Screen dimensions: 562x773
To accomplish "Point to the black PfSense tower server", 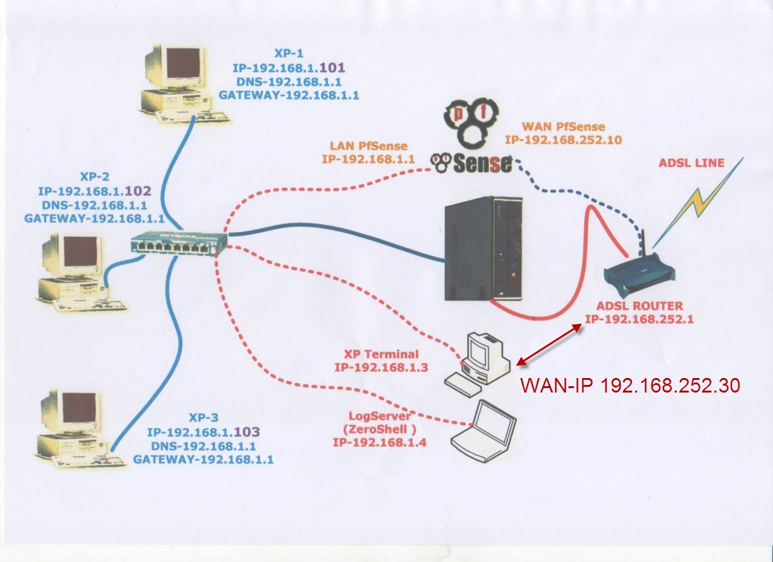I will tap(483, 248).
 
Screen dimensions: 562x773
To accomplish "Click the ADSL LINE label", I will tap(691, 163).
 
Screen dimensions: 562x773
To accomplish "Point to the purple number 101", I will tap(334, 67).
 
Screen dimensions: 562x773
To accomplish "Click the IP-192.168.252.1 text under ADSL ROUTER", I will tap(639, 319).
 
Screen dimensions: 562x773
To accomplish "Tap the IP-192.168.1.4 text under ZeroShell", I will tap(380, 442).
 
